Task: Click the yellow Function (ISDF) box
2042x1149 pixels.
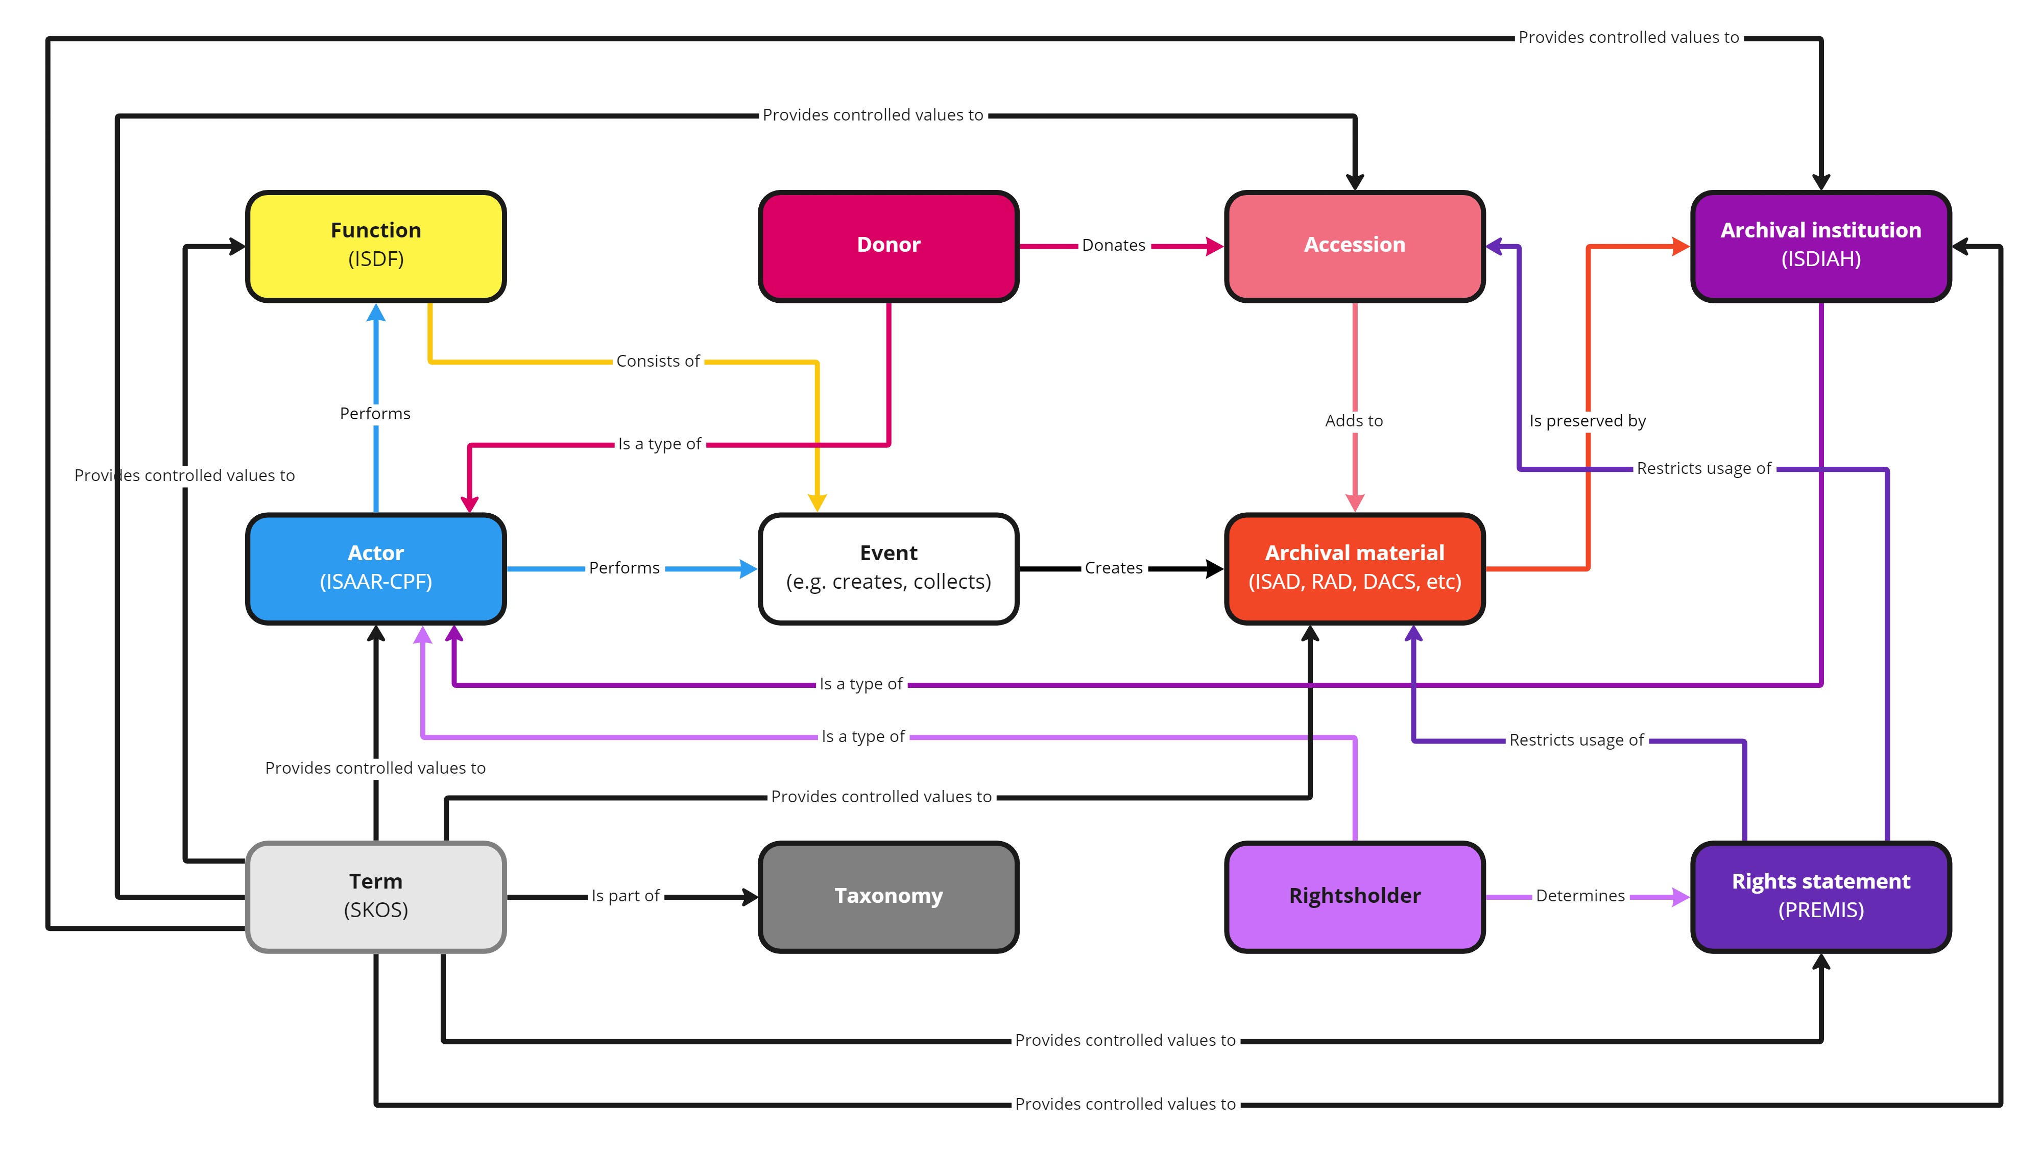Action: [376, 246]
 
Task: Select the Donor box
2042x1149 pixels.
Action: [888, 246]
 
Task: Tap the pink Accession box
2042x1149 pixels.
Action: [1354, 246]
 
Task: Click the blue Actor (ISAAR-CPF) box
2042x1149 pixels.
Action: [376, 568]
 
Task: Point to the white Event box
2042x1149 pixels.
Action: [888, 568]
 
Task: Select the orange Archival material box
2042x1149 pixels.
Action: [1354, 568]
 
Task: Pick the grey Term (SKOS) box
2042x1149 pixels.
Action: [376, 896]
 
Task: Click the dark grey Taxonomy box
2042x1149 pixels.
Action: [888, 896]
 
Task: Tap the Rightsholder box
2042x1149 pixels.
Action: [1354, 896]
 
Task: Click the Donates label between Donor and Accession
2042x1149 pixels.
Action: [1113, 246]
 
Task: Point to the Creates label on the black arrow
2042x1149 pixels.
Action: [1113, 568]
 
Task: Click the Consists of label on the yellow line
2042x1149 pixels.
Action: [657, 362]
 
